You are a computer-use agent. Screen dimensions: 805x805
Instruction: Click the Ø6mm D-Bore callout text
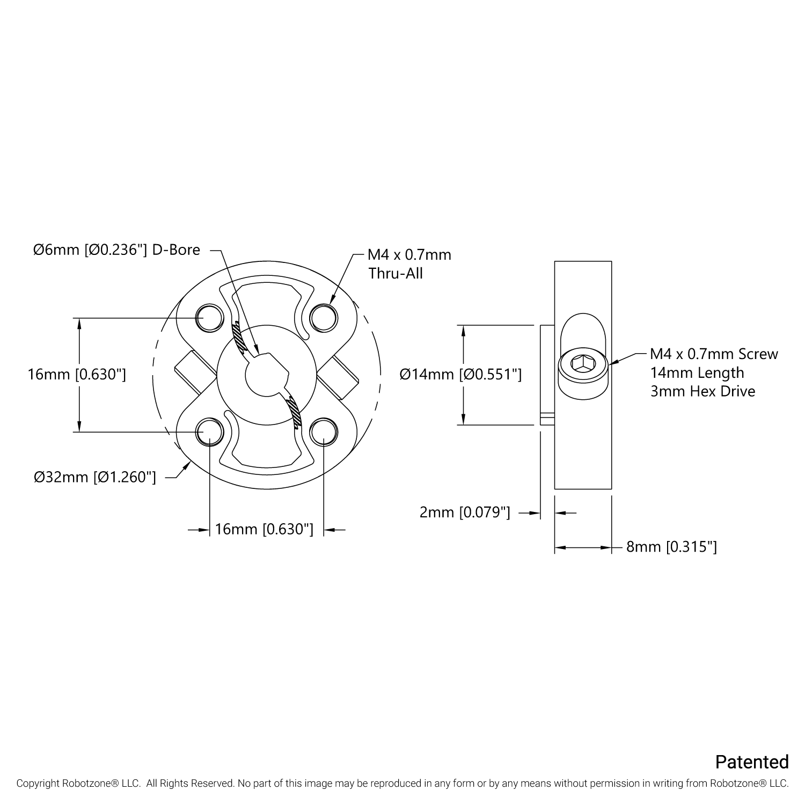(x=116, y=250)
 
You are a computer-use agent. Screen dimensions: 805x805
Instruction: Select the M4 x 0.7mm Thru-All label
(x=409, y=264)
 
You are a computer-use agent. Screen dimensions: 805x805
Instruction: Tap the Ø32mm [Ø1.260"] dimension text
(x=94, y=477)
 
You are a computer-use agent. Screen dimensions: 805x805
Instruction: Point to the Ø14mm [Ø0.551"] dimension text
(x=460, y=374)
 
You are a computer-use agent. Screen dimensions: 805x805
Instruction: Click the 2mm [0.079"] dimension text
(x=464, y=513)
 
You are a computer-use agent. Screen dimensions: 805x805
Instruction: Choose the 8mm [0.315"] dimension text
(x=671, y=547)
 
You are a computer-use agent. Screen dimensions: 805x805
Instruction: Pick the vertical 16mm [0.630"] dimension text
(x=77, y=374)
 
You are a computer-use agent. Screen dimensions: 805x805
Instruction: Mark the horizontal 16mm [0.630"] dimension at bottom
(x=264, y=530)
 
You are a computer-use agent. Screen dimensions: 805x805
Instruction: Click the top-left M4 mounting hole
(x=209, y=317)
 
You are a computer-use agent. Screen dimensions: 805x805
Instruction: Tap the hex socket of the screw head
(x=581, y=363)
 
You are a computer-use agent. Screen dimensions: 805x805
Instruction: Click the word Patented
(x=752, y=762)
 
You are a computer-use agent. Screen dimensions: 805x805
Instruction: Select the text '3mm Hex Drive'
(x=702, y=391)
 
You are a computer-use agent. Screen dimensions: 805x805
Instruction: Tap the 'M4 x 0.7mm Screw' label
(x=714, y=354)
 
